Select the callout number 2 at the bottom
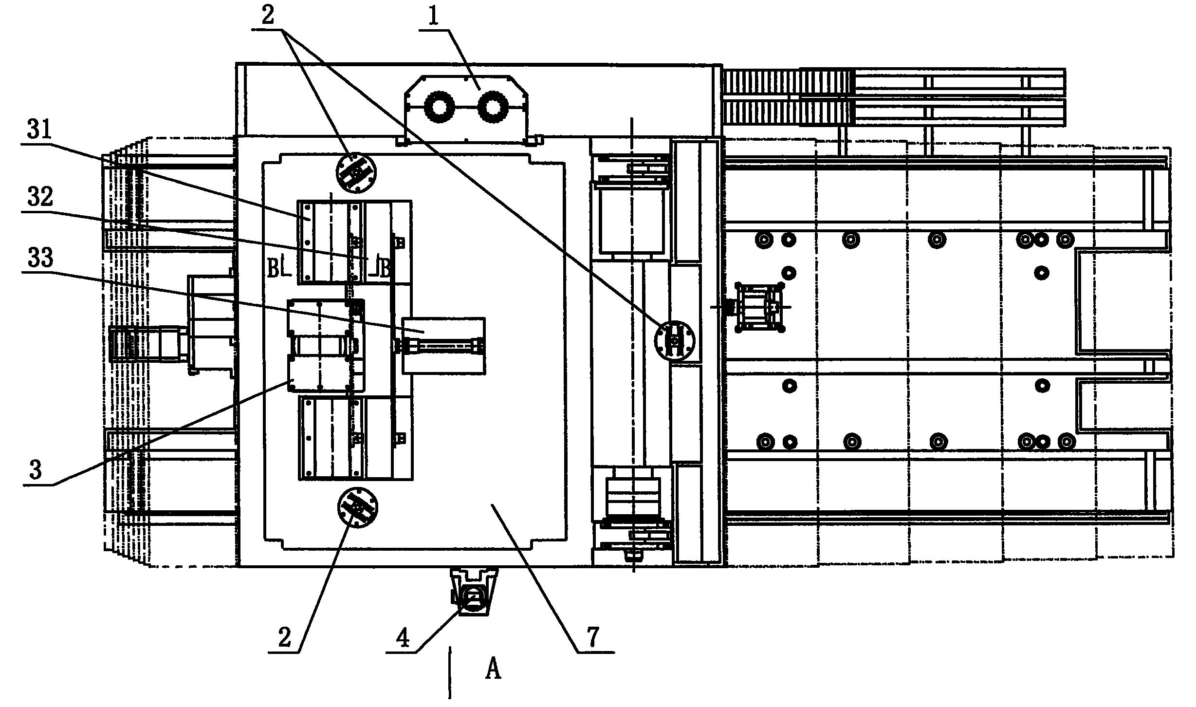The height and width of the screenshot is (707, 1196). tap(284, 637)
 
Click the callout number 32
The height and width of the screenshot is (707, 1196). tap(40, 198)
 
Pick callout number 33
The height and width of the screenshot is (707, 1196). tap(40, 258)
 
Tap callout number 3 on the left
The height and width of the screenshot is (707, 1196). tap(36, 470)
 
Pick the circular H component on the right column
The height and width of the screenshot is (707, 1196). tap(675, 341)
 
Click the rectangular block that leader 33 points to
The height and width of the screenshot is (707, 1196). tap(443, 346)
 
